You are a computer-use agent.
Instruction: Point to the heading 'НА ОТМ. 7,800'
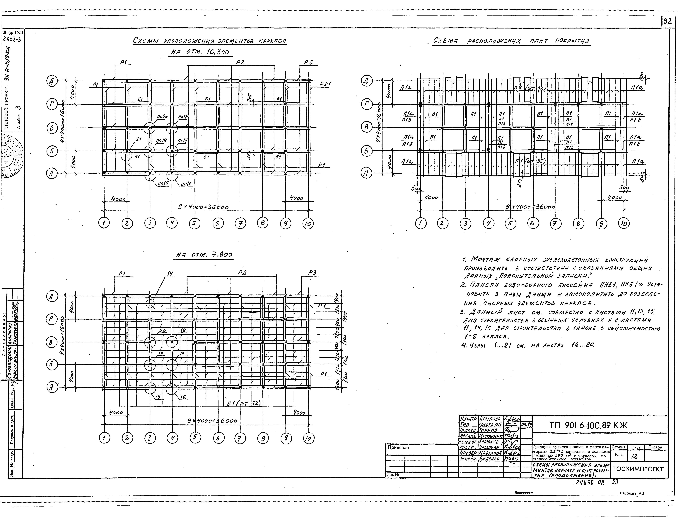click(204, 255)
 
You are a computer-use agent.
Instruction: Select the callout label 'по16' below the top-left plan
click(186, 184)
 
